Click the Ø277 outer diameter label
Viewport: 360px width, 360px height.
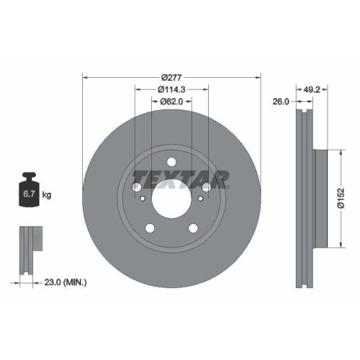click(x=171, y=77)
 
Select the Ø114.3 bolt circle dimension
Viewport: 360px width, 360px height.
click(x=171, y=89)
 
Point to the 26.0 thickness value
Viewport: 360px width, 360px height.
click(x=281, y=102)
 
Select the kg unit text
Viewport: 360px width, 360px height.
click(x=47, y=195)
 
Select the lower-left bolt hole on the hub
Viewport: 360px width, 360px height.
click(x=150, y=228)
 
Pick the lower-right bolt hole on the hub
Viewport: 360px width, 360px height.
click(x=193, y=228)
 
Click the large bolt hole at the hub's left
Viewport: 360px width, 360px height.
click(x=136, y=186)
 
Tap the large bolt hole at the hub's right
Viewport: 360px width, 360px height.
click(x=207, y=186)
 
